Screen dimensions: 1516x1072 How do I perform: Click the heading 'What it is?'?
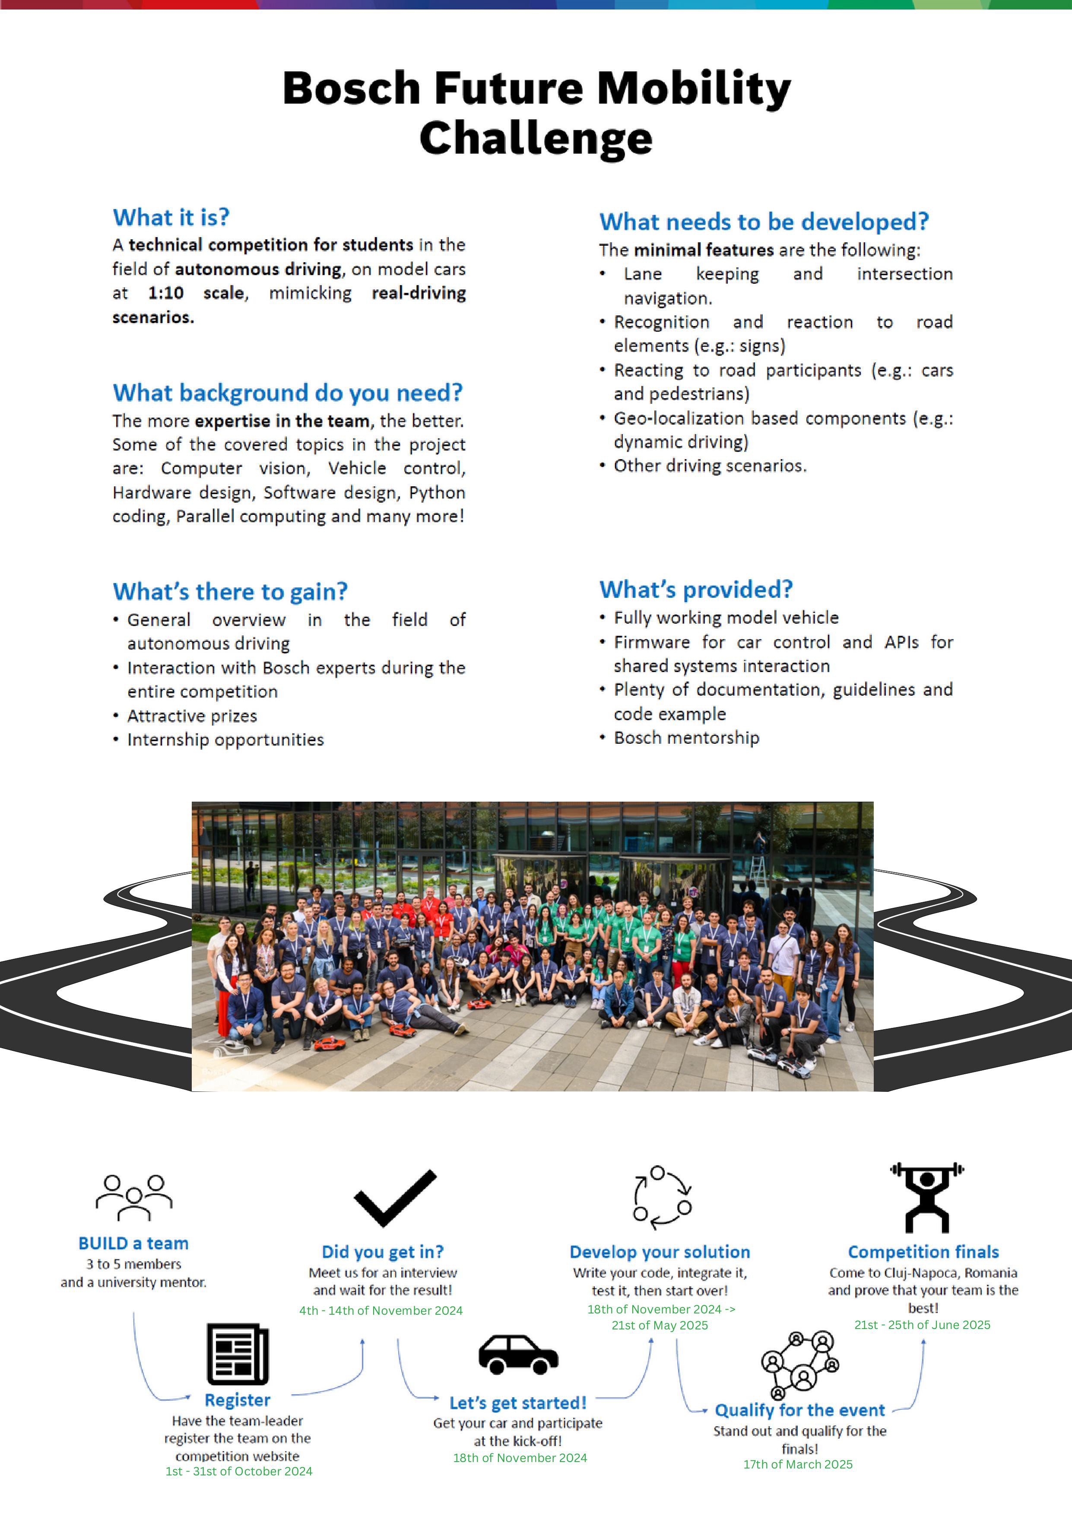coord(171,217)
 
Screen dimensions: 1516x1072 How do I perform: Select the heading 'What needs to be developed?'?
coord(764,222)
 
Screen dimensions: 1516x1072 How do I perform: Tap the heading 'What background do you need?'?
coord(287,393)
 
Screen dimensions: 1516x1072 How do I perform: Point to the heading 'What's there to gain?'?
coord(230,592)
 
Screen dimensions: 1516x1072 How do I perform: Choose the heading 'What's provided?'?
coord(696,590)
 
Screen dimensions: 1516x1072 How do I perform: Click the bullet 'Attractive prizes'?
coord(192,716)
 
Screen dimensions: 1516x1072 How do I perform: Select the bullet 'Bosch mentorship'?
coord(686,738)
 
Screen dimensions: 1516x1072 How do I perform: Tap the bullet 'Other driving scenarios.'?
coord(710,466)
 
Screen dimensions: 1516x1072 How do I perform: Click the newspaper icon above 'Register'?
coord(238,1354)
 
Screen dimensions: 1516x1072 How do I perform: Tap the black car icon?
coord(518,1355)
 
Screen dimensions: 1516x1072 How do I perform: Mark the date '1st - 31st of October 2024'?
coord(238,1471)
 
